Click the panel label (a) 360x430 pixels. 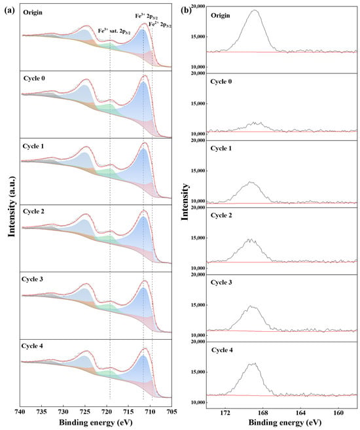[x=9, y=10]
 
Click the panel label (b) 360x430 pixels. [x=187, y=10]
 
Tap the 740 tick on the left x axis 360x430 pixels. [x=20, y=412]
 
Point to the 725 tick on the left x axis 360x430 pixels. [x=84, y=412]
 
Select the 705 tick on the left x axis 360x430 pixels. [x=171, y=412]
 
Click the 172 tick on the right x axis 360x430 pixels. [x=225, y=412]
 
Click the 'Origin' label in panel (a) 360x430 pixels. [x=33, y=12]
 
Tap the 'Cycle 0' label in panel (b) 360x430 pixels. [x=221, y=81]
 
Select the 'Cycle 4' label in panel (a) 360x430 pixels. [x=32, y=346]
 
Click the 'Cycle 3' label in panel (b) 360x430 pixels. [x=221, y=282]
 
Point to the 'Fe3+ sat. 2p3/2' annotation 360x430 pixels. [x=115, y=31]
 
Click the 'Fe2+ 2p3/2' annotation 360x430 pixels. [x=160, y=25]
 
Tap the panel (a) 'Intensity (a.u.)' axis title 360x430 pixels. [x=12, y=207]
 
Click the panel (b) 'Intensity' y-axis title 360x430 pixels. [x=185, y=202]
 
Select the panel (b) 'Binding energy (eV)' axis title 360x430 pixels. [x=285, y=421]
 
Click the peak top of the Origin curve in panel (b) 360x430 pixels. [x=255, y=10]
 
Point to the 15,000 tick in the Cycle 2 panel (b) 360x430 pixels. [x=197, y=238]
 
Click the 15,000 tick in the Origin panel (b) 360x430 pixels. [x=197, y=37]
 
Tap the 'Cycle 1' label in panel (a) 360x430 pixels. [x=33, y=146]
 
